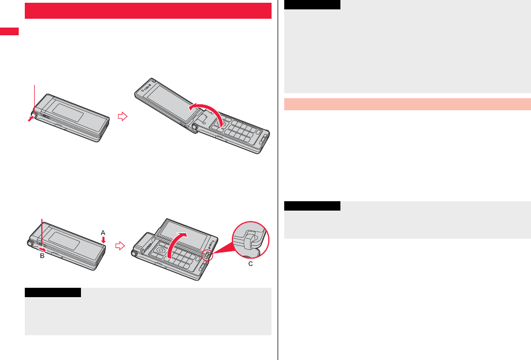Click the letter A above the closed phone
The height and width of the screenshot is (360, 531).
click(103, 232)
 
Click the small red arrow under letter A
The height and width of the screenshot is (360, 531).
click(103, 239)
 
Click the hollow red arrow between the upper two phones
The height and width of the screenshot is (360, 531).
click(123, 116)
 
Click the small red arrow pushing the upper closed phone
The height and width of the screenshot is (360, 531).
click(30, 118)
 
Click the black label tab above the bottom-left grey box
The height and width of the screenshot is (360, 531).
click(53, 292)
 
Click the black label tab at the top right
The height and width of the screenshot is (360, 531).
click(312, 4)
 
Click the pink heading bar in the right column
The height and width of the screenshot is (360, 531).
click(407, 104)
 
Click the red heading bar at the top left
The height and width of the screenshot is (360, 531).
click(148, 10)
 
